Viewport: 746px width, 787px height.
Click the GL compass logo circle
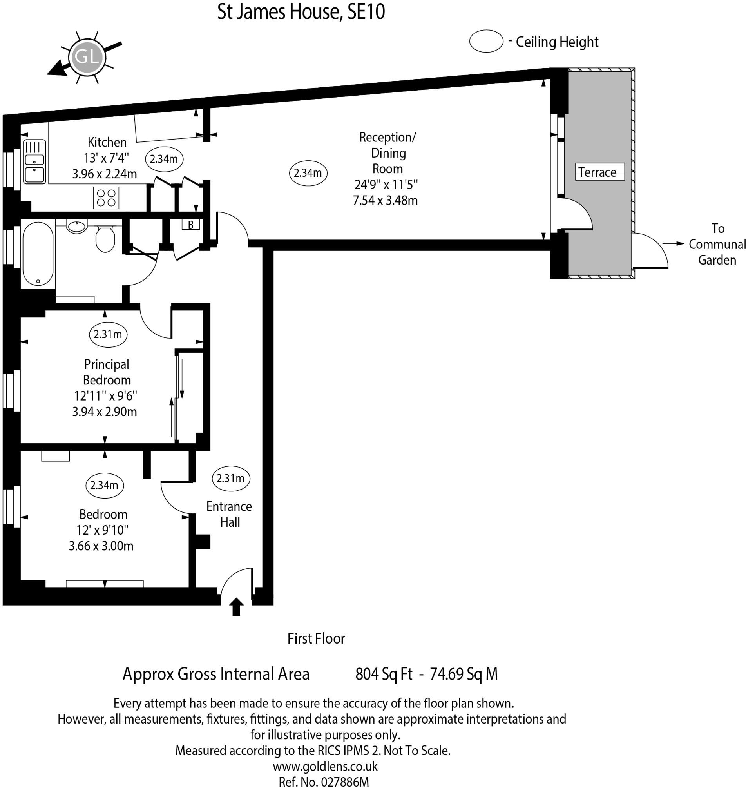pos(87,57)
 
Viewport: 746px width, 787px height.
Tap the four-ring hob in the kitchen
pos(106,198)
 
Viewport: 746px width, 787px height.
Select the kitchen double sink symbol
pos(34,161)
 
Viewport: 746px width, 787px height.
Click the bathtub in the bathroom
pos(38,254)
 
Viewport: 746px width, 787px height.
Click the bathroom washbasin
pos(76,227)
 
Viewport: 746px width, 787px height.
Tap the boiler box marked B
pos(190,225)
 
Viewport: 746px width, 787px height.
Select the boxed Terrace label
pos(600,172)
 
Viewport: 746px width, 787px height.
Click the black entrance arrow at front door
pos(236,606)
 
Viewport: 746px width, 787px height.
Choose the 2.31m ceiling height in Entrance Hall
pos(231,478)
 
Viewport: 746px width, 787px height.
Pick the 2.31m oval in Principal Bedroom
pos(108,334)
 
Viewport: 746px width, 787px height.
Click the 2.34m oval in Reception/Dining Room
pos(308,173)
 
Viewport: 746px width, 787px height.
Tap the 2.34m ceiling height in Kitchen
pos(164,159)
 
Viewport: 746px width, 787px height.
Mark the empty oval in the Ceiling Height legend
pos(486,41)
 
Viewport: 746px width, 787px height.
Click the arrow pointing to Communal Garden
pos(673,243)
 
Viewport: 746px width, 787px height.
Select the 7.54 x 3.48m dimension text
pos(385,201)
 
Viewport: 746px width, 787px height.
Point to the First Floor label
pos(316,638)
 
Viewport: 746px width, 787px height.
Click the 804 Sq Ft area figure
pos(384,675)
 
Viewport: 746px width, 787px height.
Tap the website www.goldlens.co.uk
pos(325,766)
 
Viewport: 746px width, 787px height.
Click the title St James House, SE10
pos(301,12)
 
